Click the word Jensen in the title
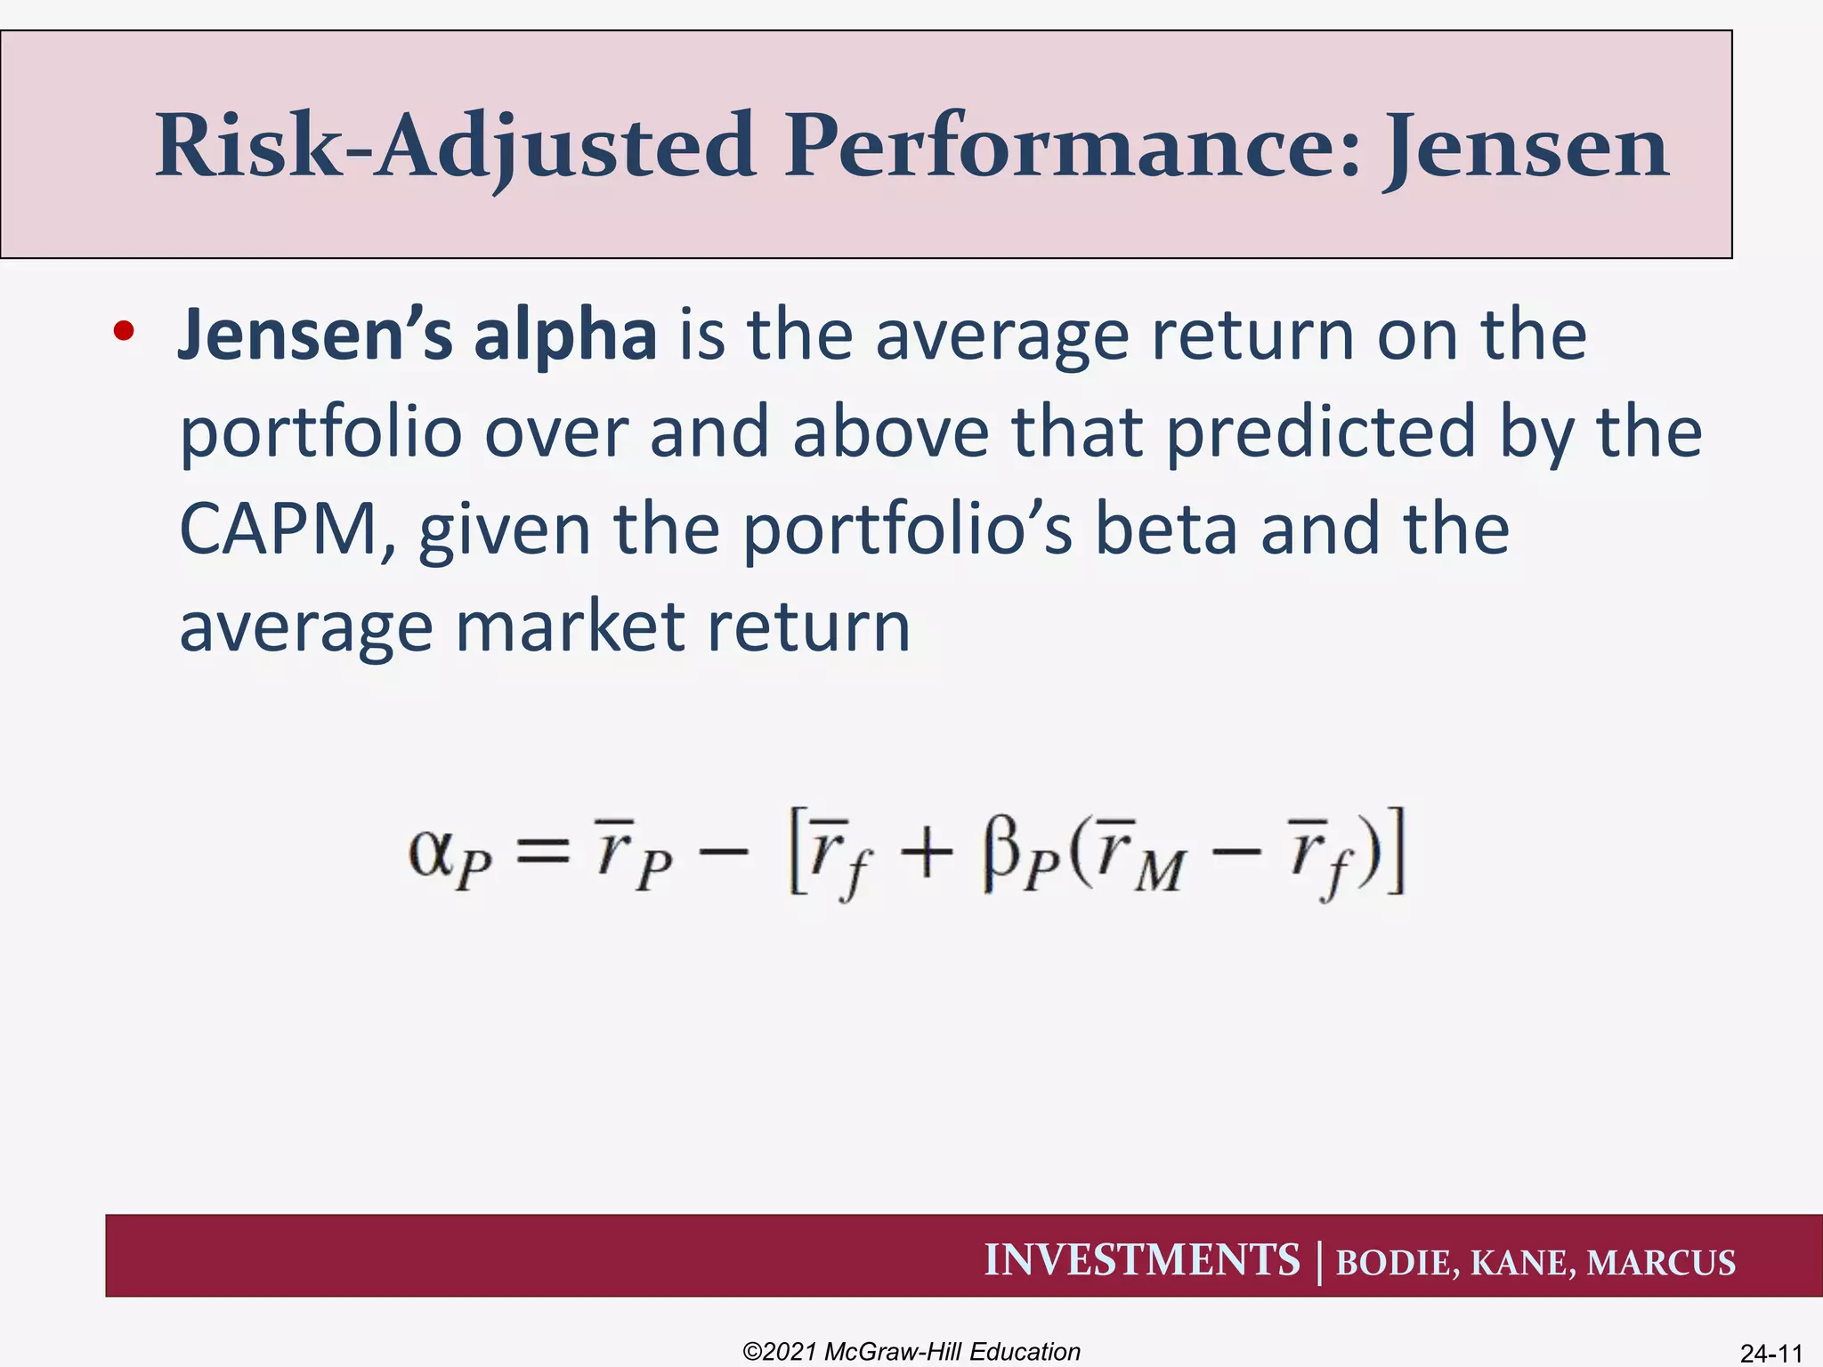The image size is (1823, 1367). [x=1525, y=147]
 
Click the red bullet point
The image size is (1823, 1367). [x=124, y=332]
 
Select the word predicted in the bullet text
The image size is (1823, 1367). [x=1321, y=432]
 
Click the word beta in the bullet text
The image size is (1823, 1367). [x=1165, y=529]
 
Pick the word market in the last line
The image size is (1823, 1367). [x=570, y=626]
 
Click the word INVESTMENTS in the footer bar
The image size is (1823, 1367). [x=1141, y=1260]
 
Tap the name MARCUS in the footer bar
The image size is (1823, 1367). [x=1661, y=1263]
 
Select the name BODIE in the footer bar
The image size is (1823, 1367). [x=1396, y=1263]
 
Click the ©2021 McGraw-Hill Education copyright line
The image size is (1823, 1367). [x=911, y=1351]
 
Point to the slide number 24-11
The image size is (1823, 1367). [x=1770, y=1353]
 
